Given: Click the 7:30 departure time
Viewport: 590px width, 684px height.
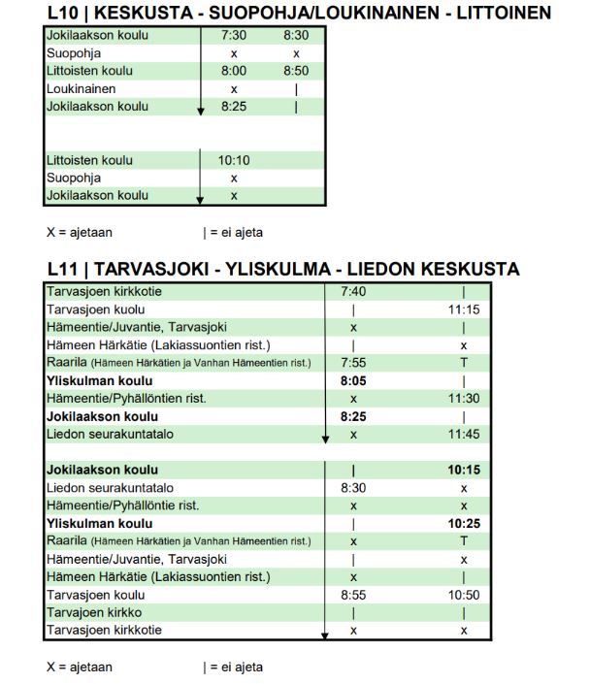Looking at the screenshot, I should pos(234,36).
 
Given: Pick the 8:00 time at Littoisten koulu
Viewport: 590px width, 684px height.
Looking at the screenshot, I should pos(234,71).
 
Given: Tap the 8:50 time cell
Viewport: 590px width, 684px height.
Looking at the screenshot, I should pos(295,71).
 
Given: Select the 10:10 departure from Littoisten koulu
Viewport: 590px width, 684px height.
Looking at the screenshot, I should pos(234,160).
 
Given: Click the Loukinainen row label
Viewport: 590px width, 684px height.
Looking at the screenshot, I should pos(82,88).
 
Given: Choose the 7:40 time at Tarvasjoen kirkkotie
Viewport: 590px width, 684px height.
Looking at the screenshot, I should pos(353,291).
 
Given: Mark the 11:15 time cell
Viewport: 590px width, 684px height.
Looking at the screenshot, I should pos(464,309).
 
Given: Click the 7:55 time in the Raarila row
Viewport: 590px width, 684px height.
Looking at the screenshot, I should pos(353,363).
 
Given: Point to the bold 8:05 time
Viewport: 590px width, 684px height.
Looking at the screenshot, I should pos(353,381).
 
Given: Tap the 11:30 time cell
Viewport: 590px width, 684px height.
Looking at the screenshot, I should pos(464,399).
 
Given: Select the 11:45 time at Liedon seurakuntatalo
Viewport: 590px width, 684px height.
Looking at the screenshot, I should pos(464,435).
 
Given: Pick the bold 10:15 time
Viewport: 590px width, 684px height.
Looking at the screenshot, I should pos(464,471).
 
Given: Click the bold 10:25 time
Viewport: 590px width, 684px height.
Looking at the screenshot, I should pos(464,524).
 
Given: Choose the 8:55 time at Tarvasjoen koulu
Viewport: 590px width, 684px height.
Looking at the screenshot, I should pos(353,595).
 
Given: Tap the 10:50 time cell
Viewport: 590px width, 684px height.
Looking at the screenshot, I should pos(464,595).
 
